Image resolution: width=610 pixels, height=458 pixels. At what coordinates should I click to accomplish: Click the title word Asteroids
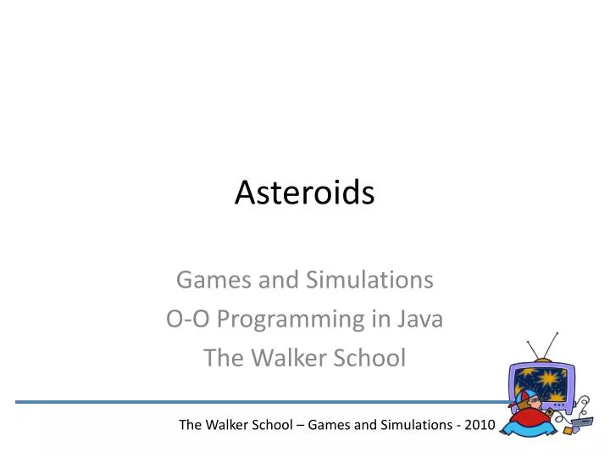(304, 193)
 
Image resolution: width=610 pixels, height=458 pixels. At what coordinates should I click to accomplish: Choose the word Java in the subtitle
(421, 319)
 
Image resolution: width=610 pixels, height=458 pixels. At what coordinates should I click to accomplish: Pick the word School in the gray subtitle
(371, 358)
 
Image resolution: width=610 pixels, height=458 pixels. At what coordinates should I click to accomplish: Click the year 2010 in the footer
(478, 424)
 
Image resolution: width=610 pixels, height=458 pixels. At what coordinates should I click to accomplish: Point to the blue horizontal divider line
(254, 401)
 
